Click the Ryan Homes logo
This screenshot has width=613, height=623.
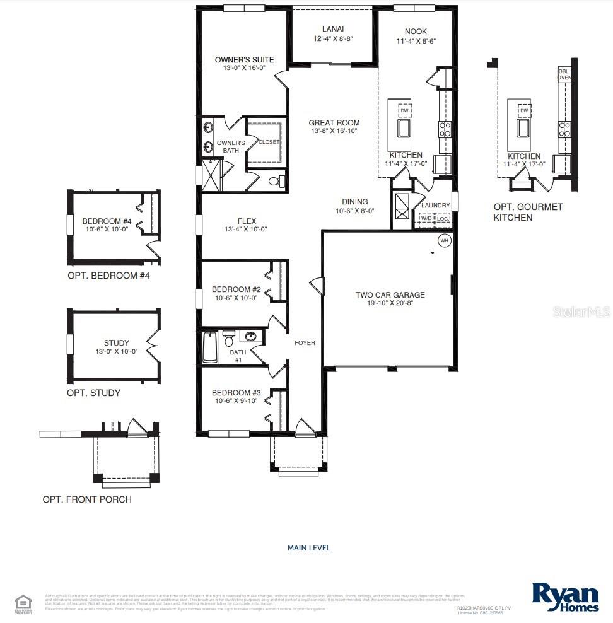coord(564,597)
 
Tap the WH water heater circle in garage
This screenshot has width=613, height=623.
coord(444,241)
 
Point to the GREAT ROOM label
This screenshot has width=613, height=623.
coord(334,123)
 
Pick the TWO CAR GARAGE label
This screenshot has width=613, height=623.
coord(390,294)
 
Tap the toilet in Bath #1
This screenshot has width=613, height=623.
coord(228,339)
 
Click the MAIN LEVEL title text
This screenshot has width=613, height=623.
coord(308,548)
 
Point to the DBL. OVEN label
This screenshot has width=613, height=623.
coord(564,74)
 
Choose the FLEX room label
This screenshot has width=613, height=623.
coord(246,221)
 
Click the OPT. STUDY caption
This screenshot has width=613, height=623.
coord(93,393)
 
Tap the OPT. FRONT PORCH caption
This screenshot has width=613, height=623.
coord(87,499)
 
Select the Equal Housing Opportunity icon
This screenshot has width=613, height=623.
coord(23,602)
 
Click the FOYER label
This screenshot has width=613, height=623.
coord(305,343)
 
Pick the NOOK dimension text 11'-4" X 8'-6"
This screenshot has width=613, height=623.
coord(416,41)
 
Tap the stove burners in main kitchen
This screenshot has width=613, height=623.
coord(445,129)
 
